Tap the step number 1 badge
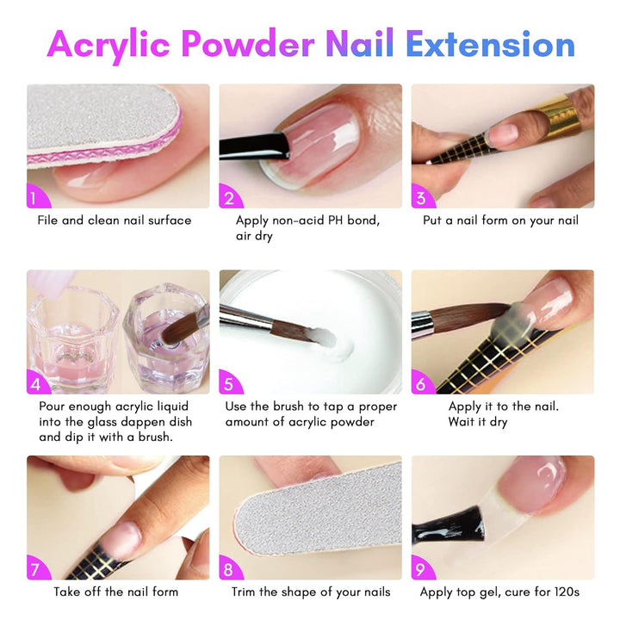coord(35,199)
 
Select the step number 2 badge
coord(228,199)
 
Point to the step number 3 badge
coord(421,199)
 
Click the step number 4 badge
coord(35,384)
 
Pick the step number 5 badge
coord(228,384)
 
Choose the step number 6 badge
coord(421,384)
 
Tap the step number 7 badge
coord(35,569)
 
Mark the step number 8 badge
coord(228,569)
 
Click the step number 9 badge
coord(421,569)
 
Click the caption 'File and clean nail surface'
coord(115,220)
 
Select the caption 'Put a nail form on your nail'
coord(500,220)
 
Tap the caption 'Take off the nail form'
coord(116,592)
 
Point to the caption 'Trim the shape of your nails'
coord(311,592)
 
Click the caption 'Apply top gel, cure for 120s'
coord(499,592)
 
